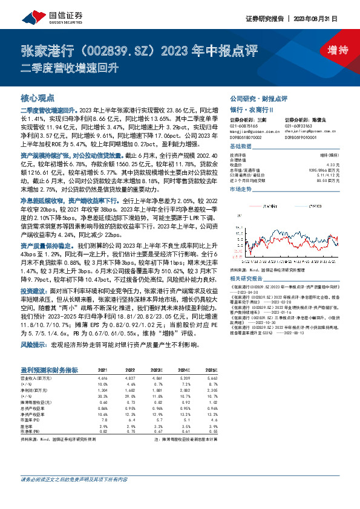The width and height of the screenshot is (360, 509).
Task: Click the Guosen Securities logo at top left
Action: click(42, 19)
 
